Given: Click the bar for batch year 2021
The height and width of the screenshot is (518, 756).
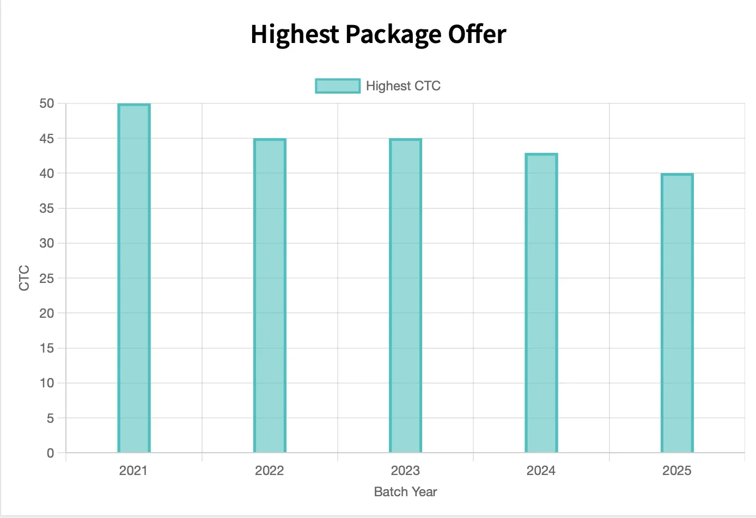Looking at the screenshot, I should [134, 277].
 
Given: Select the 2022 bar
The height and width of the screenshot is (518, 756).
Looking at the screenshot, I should [270, 295].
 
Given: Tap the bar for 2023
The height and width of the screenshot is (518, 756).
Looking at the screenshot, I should [405, 295].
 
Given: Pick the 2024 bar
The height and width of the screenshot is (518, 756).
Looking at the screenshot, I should [541, 303].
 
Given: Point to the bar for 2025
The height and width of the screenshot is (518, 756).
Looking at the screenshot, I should [677, 313].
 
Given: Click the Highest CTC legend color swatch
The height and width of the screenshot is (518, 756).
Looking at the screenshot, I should [338, 86].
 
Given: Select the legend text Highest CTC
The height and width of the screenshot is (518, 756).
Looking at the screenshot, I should [403, 86].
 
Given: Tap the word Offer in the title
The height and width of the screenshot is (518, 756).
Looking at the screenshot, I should [477, 34].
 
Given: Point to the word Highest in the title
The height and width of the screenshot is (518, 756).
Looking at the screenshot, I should [295, 35].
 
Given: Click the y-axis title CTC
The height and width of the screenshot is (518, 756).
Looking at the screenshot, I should [25, 277].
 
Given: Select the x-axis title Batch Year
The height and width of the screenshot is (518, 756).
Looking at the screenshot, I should [405, 492].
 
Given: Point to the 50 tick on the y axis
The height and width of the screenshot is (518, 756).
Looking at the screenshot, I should [47, 103].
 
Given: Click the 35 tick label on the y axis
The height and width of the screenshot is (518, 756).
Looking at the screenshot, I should [47, 208].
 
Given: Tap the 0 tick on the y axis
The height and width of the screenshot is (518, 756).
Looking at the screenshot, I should [51, 453].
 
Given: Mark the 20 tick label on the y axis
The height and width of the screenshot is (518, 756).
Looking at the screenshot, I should [47, 313].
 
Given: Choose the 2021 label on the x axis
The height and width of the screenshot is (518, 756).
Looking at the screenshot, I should [133, 471].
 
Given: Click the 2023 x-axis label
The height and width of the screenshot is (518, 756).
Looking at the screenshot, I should [405, 471].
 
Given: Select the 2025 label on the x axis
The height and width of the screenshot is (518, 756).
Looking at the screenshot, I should [676, 471].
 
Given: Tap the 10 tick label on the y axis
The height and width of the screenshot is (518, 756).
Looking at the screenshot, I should [47, 383].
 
